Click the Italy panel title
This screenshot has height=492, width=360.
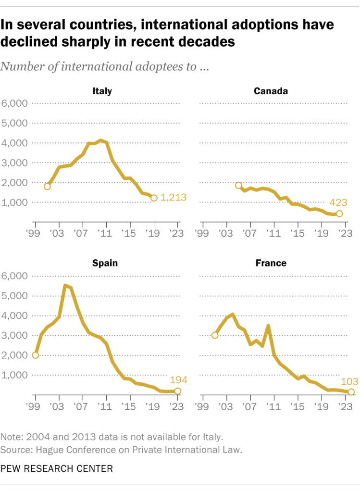point(102,90)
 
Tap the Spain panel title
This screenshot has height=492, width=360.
point(105,263)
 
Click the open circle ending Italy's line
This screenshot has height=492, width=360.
point(154,198)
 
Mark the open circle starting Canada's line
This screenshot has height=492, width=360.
point(238,186)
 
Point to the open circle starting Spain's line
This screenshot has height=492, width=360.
point(35,355)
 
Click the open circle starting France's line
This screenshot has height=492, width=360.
point(215,335)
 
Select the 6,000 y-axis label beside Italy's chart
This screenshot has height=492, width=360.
point(15,103)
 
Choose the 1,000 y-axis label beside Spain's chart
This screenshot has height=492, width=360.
point(15,375)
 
